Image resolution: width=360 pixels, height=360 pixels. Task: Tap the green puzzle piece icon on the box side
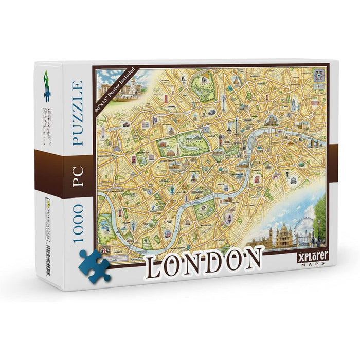[47, 85]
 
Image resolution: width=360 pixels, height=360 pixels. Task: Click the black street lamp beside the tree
[318, 230]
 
